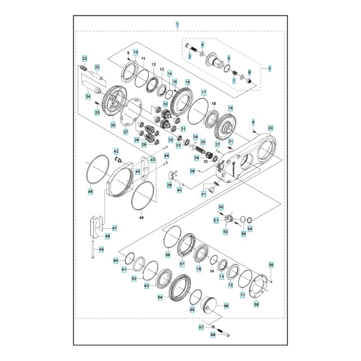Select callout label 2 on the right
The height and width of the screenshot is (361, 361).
270,68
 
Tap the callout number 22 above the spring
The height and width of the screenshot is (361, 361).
85,58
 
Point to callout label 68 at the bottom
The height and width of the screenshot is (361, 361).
213,335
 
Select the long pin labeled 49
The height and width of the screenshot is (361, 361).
92,249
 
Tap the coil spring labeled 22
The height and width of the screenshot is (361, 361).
84,68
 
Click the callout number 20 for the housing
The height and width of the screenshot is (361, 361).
270,128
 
